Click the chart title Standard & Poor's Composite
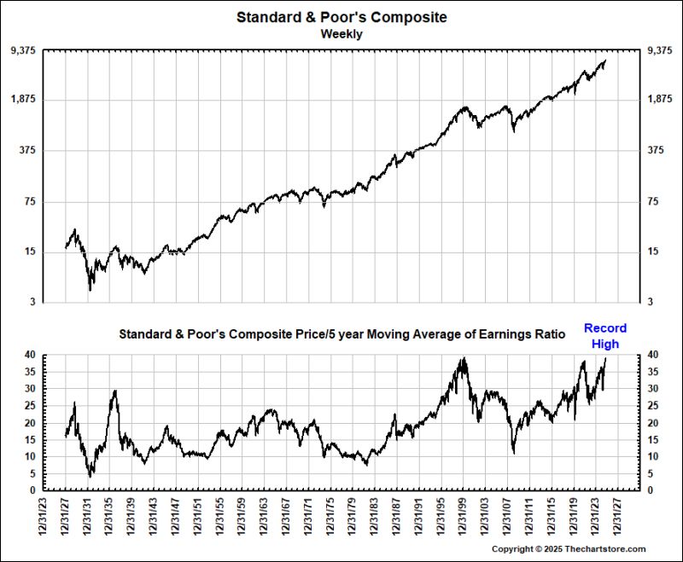coord(341,17)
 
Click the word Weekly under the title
coord(341,34)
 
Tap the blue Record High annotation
coord(605,336)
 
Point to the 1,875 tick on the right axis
coord(661,100)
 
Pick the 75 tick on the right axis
coord(655,201)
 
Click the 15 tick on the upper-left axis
coord(30,252)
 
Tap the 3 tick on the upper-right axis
coord(651,302)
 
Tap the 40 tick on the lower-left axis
coord(30,354)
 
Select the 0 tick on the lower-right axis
coord(651,490)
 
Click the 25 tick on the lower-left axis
coord(30,405)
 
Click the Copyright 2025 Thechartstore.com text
coord(569,549)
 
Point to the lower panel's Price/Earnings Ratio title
coord(341,335)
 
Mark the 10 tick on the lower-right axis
coord(654,456)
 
